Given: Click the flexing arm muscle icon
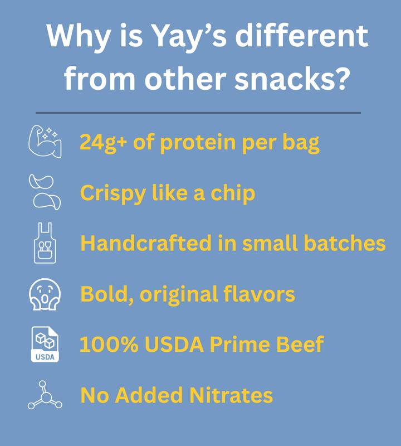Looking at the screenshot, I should click(43, 142).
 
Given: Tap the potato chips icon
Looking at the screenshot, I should click(43, 191).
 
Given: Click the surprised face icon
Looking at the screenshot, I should click(44, 294).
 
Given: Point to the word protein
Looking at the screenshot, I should click(199, 143).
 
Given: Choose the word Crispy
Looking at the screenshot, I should click(111, 193).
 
